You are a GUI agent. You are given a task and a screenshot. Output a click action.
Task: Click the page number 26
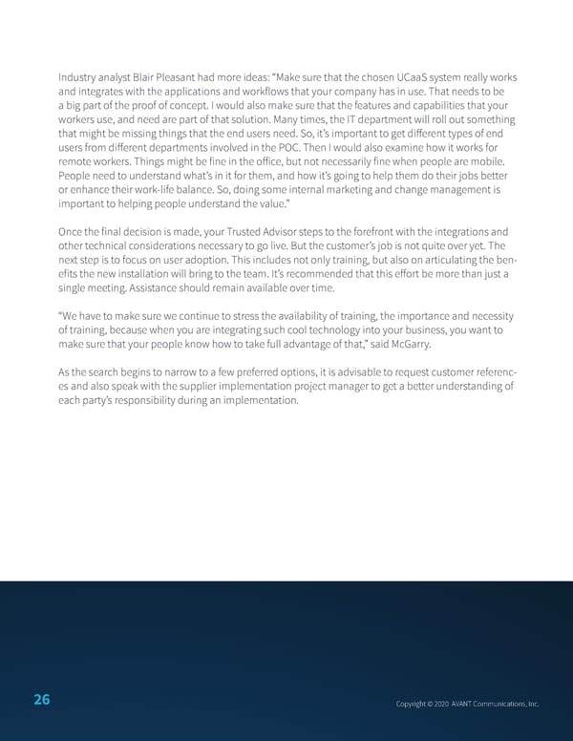(42, 701)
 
